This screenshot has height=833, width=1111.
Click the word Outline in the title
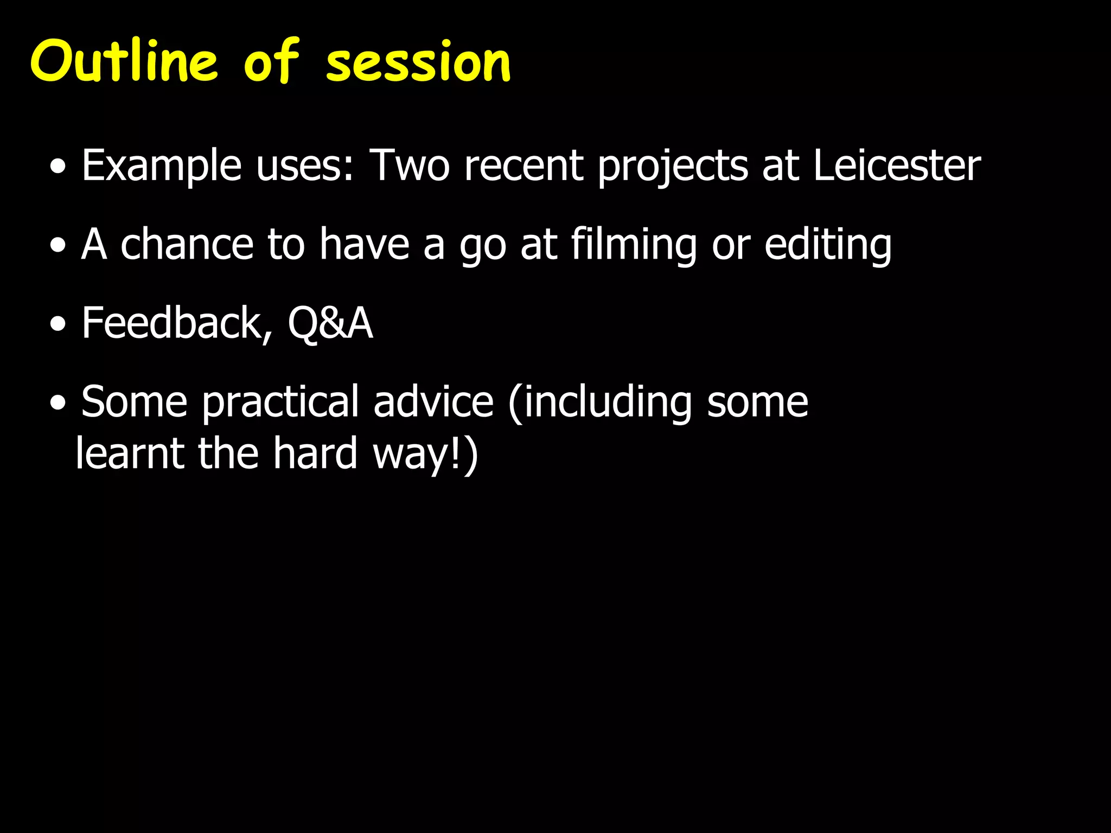tap(124, 61)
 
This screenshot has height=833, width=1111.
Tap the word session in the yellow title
tap(418, 63)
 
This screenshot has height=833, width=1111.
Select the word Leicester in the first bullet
tap(896, 165)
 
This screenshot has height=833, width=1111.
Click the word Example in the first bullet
tap(161, 166)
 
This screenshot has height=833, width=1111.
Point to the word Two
tap(410, 165)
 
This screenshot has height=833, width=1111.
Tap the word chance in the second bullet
tap(187, 244)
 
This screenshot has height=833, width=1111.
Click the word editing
tap(828, 245)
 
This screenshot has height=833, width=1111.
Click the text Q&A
tap(330, 323)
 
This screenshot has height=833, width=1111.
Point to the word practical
tap(280, 402)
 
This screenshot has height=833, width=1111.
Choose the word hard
tap(315, 453)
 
